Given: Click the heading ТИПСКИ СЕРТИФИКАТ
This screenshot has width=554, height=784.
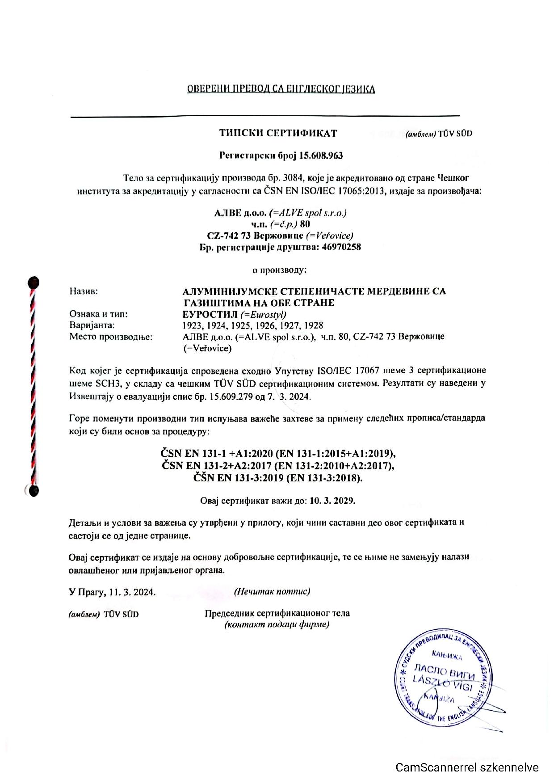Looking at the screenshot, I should pos(278,133).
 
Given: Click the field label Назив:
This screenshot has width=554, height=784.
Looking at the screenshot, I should pos(84,291).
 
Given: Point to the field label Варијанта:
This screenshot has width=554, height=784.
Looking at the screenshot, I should pos(92,325).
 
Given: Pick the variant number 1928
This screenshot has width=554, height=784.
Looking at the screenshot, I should pos(313,325).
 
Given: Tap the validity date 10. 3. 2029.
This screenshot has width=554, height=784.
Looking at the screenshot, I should pos(332,501).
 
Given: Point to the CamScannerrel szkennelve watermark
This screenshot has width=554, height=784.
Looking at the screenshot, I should pos(467,768).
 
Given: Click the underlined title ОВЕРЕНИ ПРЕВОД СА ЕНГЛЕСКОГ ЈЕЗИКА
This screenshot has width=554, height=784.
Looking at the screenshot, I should pos(281,89).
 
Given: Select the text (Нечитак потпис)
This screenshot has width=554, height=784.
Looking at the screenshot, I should pos(272,591).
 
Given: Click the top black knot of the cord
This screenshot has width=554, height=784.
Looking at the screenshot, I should pos(34,282).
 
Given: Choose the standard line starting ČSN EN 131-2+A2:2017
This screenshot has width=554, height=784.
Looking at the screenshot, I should pos(278,466).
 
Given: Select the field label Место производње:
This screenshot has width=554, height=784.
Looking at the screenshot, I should pos(111,337).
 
